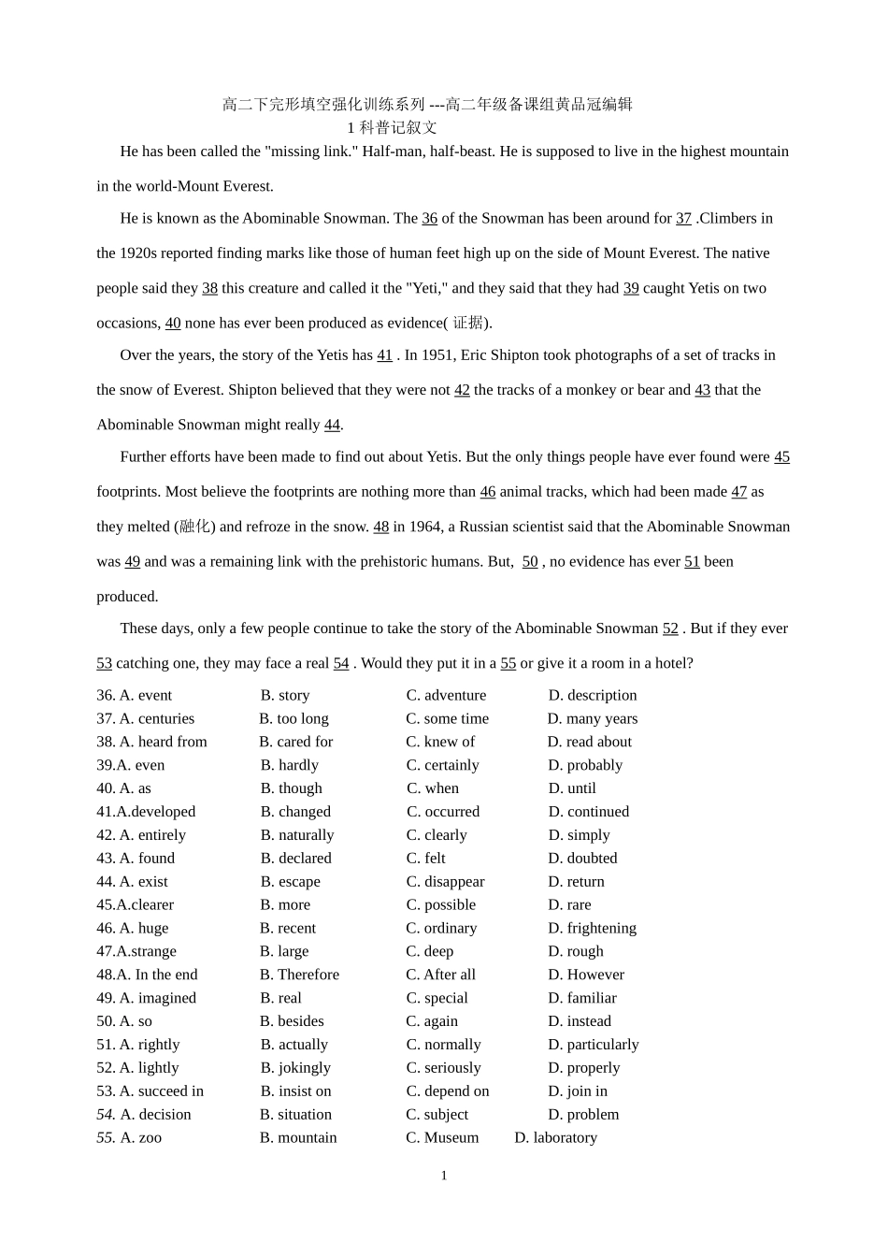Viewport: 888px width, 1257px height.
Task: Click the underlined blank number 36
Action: tap(429, 219)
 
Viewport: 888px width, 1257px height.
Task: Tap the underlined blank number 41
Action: tap(384, 355)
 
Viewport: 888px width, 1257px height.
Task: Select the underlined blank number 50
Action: tap(530, 562)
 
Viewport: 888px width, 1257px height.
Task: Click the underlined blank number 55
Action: tap(508, 664)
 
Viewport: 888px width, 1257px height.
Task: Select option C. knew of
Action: tap(440, 743)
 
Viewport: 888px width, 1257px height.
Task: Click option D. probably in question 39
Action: tap(585, 765)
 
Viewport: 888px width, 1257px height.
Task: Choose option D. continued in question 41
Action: tap(589, 812)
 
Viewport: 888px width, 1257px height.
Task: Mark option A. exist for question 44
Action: tap(143, 882)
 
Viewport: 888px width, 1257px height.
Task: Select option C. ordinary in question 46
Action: tap(441, 929)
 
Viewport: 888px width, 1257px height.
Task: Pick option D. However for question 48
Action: tap(586, 975)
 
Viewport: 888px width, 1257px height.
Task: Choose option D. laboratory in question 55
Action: tap(555, 1138)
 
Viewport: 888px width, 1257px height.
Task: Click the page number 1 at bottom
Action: tap(444, 1176)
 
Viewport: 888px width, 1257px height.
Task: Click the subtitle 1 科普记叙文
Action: tap(392, 128)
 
